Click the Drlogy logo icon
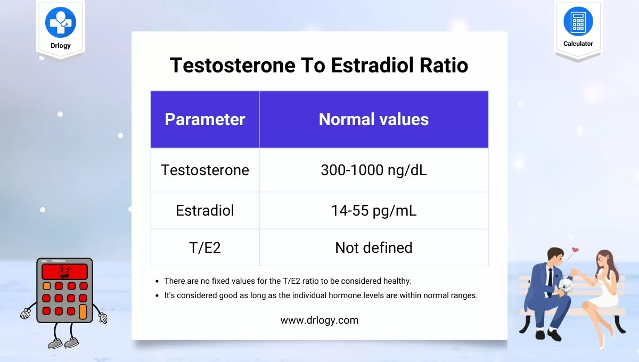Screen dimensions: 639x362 pyautogui.click(x=61, y=22)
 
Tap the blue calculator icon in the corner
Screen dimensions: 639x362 pyautogui.click(x=578, y=21)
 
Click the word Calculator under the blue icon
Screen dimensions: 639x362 pyautogui.click(x=578, y=44)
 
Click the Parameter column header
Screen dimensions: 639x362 pyautogui.click(x=205, y=119)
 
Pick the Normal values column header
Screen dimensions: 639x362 pyautogui.click(x=374, y=119)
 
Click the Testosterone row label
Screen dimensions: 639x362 pyautogui.click(x=205, y=170)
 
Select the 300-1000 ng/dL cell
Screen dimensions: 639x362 pyautogui.click(x=374, y=170)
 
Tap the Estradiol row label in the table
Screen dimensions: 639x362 pyautogui.click(x=205, y=210)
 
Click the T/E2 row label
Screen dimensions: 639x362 pyautogui.click(x=205, y=248)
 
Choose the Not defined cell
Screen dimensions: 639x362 pyautogui.click(x=374, y=248)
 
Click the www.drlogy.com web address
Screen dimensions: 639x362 pyautogui.click(x=319, y=320)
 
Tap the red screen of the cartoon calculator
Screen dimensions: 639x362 pyautogui.click(x=65, y=271)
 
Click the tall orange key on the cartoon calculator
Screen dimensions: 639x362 pyautogui.click(x=83, y=311)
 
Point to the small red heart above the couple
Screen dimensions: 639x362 pyautogui.click(x=576, y=250)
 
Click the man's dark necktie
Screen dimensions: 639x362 pyautogui.click(x=550, y=282)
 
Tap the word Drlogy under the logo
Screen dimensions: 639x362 pyautogui.click(x=61, y=46)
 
